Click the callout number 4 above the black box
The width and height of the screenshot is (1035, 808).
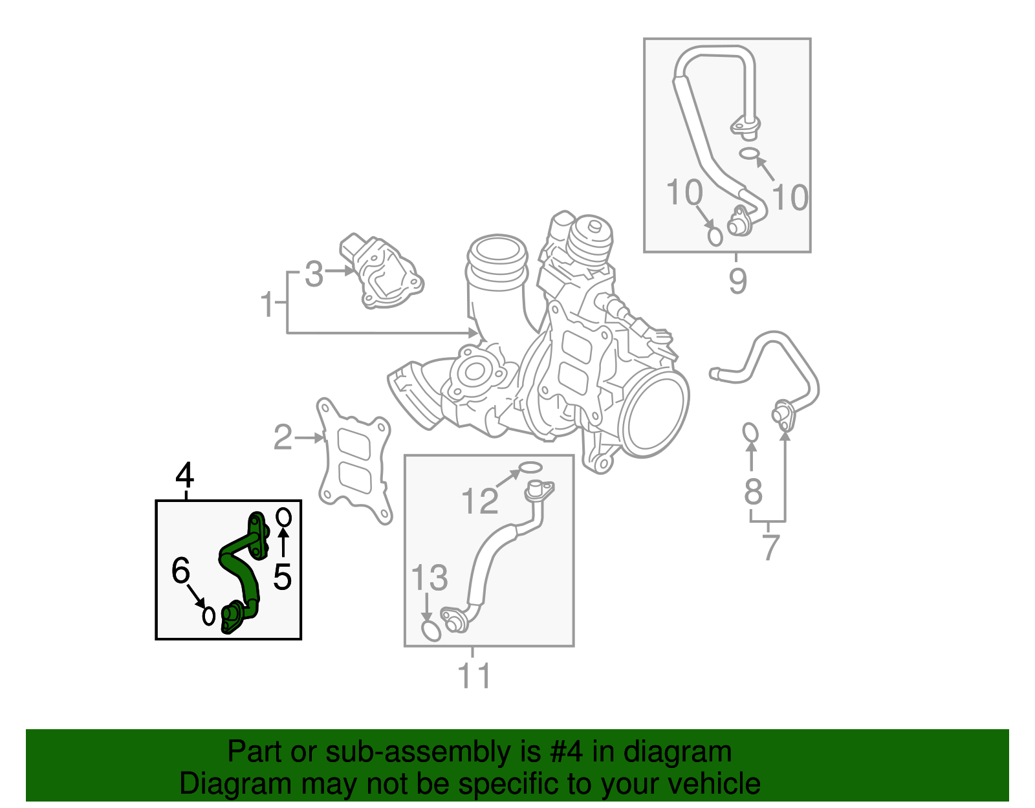[x=185, y=476]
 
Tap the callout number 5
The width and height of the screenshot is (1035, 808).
[x=282, y=576]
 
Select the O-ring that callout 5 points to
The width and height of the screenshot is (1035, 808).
[x=283, y=517]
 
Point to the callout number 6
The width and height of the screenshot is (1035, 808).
[x=180, y=571]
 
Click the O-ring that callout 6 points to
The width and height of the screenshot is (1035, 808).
[x=208, y=615]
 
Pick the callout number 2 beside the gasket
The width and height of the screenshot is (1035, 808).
[x=283, y=438]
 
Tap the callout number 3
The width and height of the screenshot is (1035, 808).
[x=314, y=274]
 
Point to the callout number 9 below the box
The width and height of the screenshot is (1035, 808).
[x=737, y=281]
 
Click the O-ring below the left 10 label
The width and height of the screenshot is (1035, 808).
[x=715, y=237]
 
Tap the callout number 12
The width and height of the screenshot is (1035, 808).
[x=480, y=501]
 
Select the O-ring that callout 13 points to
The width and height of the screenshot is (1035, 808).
[x=431, y=631]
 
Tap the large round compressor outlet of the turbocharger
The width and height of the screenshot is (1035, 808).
[x=655, y=414]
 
